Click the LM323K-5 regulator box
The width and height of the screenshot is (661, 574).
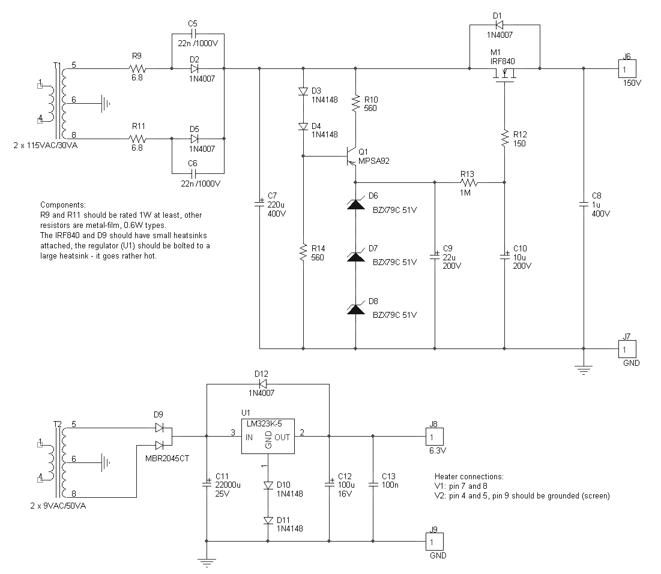pyautogui.click(x=268, y=436)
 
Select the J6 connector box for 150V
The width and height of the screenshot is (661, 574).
pyautogui.click(x=627, y=68)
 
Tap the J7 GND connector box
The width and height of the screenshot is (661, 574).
pyautogui.click(x=627, y=349)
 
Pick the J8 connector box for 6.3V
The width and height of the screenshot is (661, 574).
pyautogui.click(x=435, y=437)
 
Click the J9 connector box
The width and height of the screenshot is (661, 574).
pyautogui.click(x=435, y=542)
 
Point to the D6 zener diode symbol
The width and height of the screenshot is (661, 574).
pyautogui.click(x=355, y=205)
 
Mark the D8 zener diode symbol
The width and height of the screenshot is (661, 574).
pyautogui.click(x=355, y=309)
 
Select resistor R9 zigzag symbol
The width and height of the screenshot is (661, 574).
pyautogui.click(x=137, y=68)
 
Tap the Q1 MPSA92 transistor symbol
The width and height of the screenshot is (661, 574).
pyautogui.click(x=351, y=156)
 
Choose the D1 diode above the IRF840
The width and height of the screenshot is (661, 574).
pyautogui.click(x=498, y=25)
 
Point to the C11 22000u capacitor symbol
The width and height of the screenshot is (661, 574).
pyautogui.click(x=207, y=483)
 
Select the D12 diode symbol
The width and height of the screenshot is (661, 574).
pyautogui.click(x=263, y=384)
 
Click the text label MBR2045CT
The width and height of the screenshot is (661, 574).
pyautogui.click(x=167, y=459)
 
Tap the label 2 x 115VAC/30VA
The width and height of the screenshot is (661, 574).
pyautogui.click(x=46, y=145)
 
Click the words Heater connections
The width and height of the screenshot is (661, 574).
pyautogui.click(x=469, y=477)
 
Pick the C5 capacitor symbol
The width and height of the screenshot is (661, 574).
pyautogui.click(x=193, y=34)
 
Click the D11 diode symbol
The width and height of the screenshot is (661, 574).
pyautogui.click(x=268, y=521)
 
